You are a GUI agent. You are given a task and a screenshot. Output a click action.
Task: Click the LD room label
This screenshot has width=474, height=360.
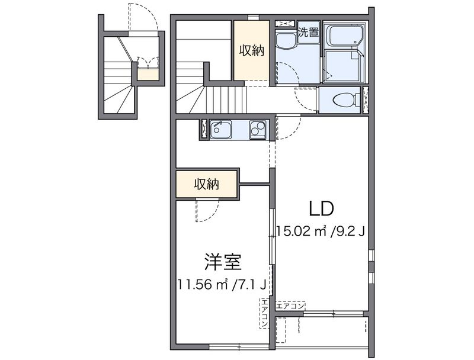pyautogui.click(x=321, y=208)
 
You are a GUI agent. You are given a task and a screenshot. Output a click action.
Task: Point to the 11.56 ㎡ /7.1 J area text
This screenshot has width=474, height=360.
pyautogui.click(x=223, y=285)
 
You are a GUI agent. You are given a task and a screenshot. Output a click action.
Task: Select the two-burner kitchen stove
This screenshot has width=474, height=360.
pyautogui.click(x=258, y=128)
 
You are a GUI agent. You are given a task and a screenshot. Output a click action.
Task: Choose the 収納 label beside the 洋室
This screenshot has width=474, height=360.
pyautogui.click(x=206, y=184)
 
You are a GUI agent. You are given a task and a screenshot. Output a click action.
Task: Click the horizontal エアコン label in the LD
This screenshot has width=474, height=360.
pyautogui.click(x=290, y=306)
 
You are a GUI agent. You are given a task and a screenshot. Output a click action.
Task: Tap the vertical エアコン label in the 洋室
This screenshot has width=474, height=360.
pyautogui.click(x=264, y=314)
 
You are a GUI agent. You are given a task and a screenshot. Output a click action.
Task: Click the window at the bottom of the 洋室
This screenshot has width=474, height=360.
pyautogui.click(x=239, y=345)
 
